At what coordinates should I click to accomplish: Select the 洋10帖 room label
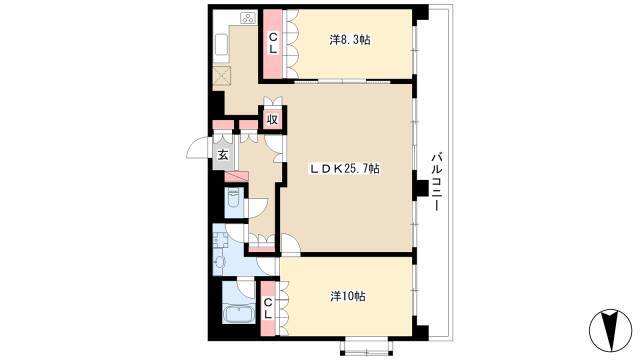tap(347, 296)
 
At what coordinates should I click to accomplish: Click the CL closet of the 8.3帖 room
tap(272, 43)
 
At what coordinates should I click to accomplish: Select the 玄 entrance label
tap(224, 154)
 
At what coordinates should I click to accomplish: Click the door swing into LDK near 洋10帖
tap(289, 243)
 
